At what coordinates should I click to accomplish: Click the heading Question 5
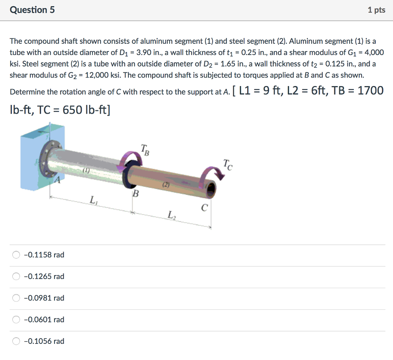(32, 10)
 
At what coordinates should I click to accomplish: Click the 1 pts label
(376, 10)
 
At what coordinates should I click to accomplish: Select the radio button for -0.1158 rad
(16, 255)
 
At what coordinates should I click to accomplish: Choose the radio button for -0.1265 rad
(16, 276)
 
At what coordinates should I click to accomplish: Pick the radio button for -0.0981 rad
(16, 298)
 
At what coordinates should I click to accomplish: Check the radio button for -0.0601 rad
(16, 319)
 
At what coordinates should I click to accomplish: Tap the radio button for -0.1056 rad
(16, 341)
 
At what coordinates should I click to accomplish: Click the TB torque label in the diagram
(144, 148)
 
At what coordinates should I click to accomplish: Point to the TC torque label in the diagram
(227, 164)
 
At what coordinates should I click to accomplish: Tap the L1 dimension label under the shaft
(92, 200)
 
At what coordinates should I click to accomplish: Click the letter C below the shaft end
(205, 208)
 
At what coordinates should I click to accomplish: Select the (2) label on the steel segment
(165, 185)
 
